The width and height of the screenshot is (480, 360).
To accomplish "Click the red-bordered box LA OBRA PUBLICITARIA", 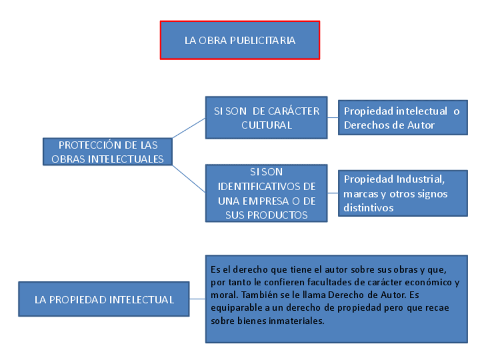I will pyautogui.click(x=239, y=40).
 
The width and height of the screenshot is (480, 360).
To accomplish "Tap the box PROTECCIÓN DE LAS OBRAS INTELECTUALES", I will pyautogui.click(x=108, y=152).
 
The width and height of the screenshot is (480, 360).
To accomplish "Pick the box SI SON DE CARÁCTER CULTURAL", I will pyautogui.click(x=266, y=118).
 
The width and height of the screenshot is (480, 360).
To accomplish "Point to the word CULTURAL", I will pyautogui.click(x=267, y=125).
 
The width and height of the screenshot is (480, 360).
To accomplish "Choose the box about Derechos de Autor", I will pyautogui.click(x=402, y=118).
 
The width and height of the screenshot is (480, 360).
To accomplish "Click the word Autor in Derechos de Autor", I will pyautogui.click(x=421, y=125).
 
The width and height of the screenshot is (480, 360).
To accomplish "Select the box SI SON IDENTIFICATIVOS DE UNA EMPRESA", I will pyautogui.click(x=266, y=193).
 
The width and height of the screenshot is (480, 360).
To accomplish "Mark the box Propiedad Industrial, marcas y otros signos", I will pyautogui.click(x=402, y=193).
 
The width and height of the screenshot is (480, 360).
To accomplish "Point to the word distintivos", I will pyautogui.click(x=368, y=208).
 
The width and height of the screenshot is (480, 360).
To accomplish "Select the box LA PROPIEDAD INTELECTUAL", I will pyautogui.click(x=104, y=299).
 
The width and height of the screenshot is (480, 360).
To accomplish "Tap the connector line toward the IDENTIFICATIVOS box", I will pyautogui.click(x=188, y=179).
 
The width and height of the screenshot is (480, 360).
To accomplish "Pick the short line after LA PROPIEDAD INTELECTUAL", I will pyautogui.click(x=197, y=299).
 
